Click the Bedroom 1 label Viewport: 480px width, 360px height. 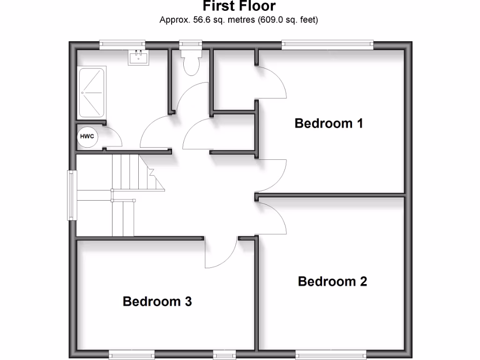[x=329, y=123]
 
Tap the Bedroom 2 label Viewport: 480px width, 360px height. [x=332, y=281]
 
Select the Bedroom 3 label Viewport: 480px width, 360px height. [x=157, y=301]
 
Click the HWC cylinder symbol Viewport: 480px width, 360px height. [x=87, y=137]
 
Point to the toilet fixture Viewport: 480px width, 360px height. [x=191, y=63]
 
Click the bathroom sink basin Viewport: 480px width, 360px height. [x=138, y=58]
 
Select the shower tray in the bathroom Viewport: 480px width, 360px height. [x=91, y=93]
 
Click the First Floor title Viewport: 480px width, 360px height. [x=239, y=7]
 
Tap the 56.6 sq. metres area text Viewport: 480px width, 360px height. [x=207, y=20]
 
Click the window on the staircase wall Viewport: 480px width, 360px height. [x=72, y=195]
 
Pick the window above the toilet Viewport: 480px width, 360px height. [x=191, y=45]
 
